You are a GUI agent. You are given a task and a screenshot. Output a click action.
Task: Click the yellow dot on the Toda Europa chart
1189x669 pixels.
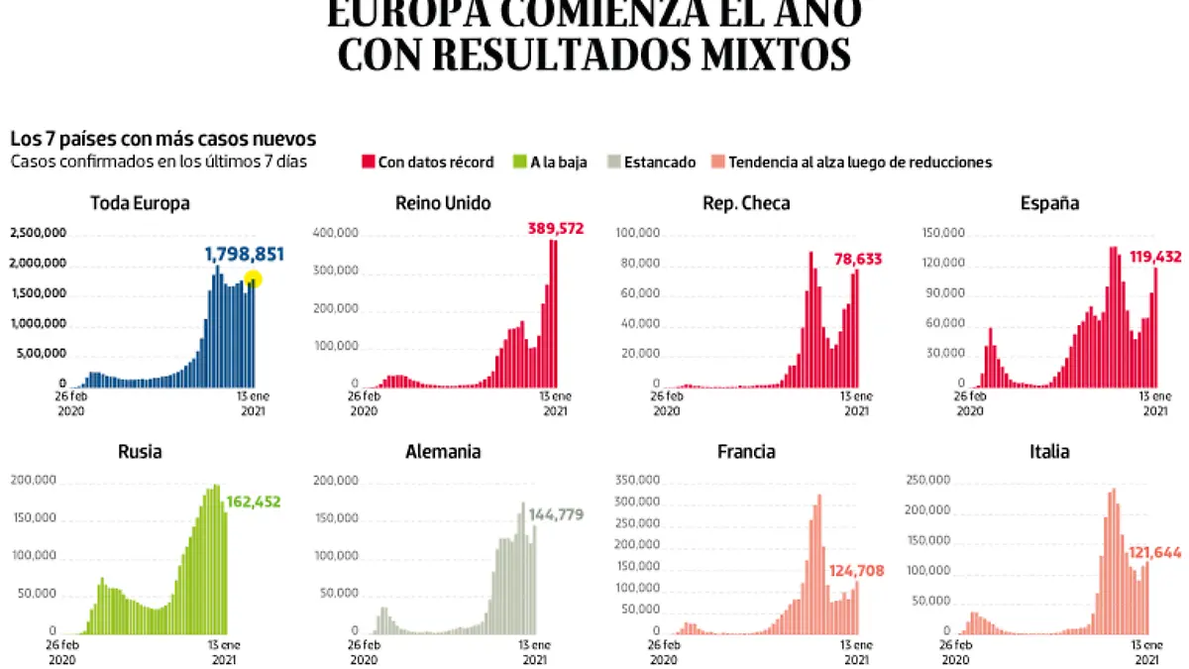coord(253,279)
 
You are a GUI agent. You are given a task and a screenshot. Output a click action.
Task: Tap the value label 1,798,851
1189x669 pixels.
coord(244,255)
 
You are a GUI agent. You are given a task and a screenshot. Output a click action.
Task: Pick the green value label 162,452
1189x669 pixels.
coord(254,502)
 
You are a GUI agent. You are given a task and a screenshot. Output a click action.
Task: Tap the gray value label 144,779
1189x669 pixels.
coord(556,515)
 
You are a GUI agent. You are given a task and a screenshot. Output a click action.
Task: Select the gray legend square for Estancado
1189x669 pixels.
coord(613,163)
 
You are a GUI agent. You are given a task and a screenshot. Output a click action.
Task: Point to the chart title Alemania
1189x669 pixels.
coord(443,452)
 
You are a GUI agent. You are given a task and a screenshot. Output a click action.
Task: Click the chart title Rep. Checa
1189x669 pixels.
coord(745,204)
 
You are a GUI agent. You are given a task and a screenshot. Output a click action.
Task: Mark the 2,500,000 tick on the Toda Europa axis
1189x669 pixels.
coord(38,234)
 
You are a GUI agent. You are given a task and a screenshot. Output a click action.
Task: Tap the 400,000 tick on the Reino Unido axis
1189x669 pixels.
coord(337,233)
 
